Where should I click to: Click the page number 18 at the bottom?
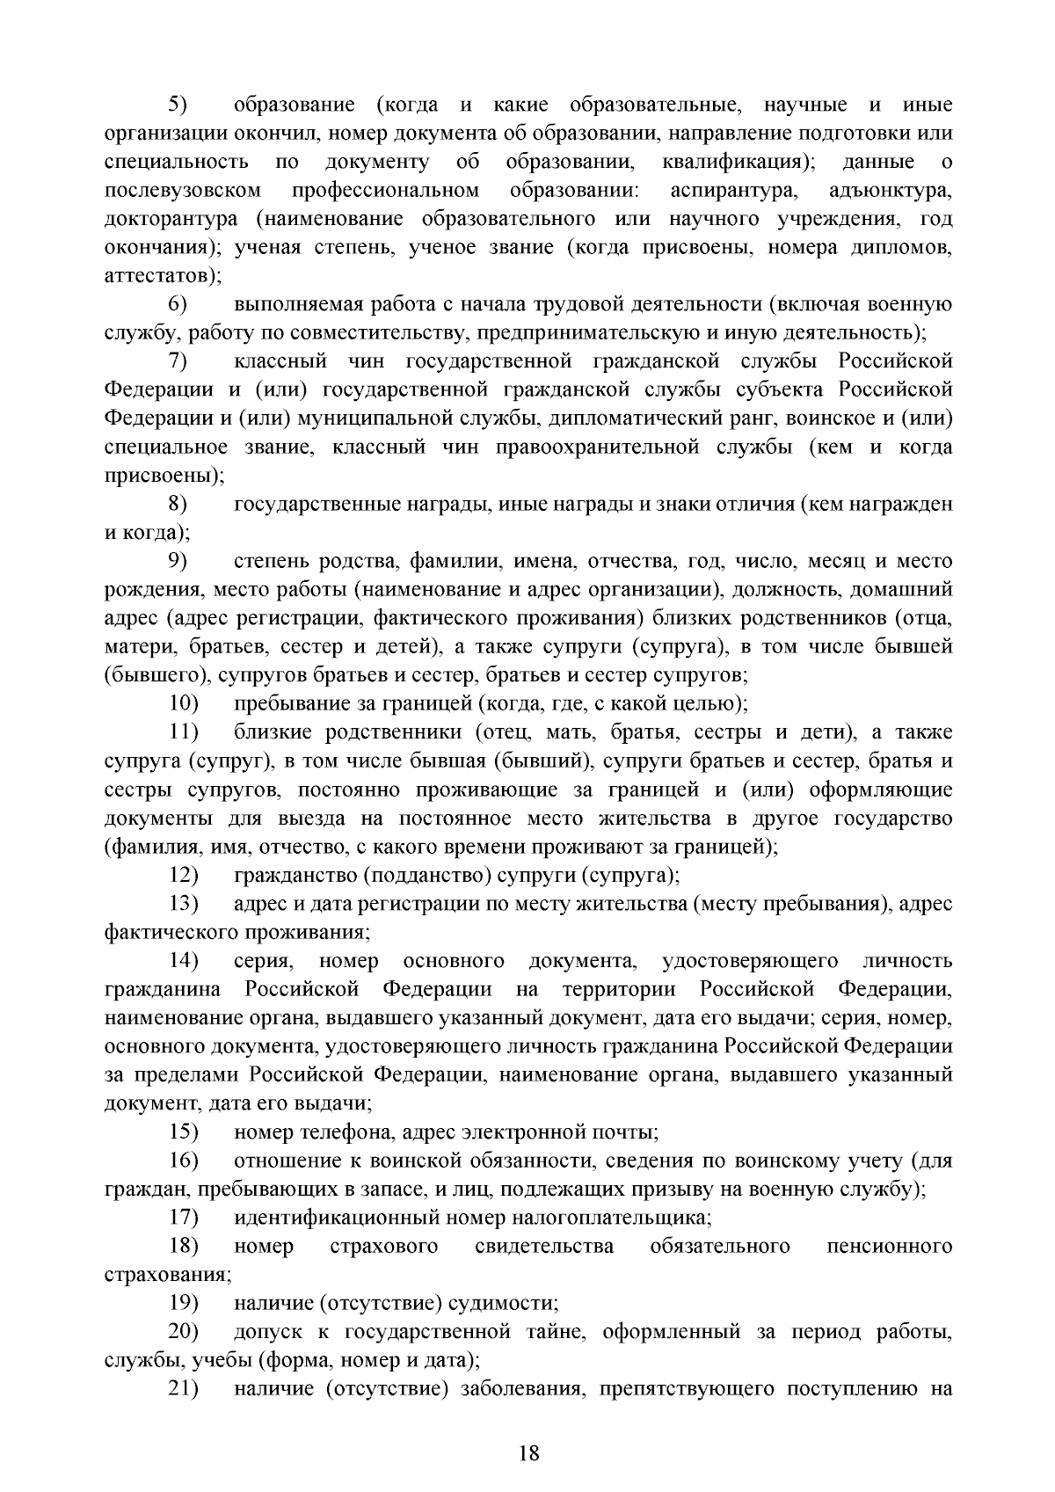[527, 1453]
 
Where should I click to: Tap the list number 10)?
[184, 704]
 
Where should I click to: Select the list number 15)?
[184, 1132]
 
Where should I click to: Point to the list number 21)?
[184, 1389]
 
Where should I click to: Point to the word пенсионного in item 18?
[890, 1247]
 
